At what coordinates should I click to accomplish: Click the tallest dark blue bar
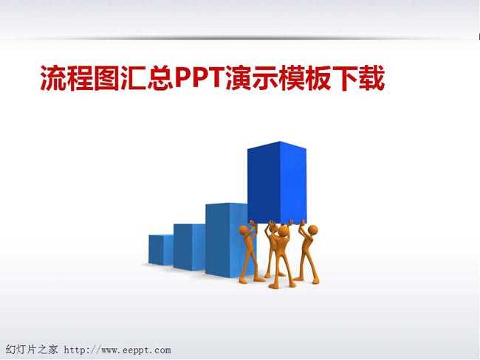click(x=277, y=182)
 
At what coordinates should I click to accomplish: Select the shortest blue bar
click(x=161, y=249)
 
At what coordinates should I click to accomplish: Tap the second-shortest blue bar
click(x=189, y=247)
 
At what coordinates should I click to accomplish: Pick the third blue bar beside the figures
click(x=226, y=240)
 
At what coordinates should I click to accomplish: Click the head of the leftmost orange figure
click(x=244, y=230)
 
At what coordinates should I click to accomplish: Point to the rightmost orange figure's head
click(x=312, y=229)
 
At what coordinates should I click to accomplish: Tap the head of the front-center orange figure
click(x=284, y=231)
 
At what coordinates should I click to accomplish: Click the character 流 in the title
click(x=53, y=78)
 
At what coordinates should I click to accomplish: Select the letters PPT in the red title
click(x=200, y=78)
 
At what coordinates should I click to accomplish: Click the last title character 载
click(x=371, y=78)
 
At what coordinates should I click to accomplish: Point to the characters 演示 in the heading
click(x=253, y=78)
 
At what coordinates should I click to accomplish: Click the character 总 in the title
click(x=160, y=78)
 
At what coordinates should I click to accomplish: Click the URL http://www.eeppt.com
click(x=117, y=350)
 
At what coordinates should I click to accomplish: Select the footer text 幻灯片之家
click(x=32, y=349)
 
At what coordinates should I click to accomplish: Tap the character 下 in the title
click(x=346, y=78)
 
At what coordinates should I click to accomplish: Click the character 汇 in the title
click(x=134, y=78)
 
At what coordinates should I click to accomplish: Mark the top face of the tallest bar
click(x=278, y=145)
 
